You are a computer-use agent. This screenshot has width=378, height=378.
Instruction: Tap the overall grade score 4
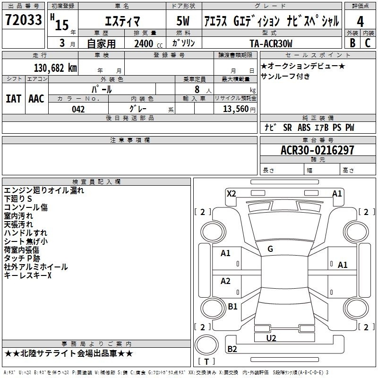pyautogui.click(x=361, y=21)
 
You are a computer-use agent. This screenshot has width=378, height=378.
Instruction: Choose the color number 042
pyautogui.click(x=78, y=109)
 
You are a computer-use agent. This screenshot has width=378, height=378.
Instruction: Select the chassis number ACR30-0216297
pyautogui.click(x=310, y=150)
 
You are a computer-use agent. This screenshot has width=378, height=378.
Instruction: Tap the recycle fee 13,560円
pyautogui.click(x=235, y=109)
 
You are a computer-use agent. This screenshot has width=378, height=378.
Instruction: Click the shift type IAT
pyautogui.click(x=14, y=99)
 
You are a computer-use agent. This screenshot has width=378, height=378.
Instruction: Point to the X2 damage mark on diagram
pyautogui.click(x=232, y=193)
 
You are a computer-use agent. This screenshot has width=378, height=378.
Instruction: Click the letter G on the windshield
pyautogui.click(x=270, y=249)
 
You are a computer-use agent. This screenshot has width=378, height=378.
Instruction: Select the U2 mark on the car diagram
pyautogui.click(x=271, y=338)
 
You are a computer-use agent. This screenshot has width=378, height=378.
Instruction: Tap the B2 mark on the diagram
pyautogui.click(x=232, y=349)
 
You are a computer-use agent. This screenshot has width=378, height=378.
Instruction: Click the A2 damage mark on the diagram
pyautogui.click(x=226, y=281)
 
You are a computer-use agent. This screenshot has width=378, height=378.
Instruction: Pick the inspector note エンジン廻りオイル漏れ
pyautogui.click(x=44, y=190)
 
